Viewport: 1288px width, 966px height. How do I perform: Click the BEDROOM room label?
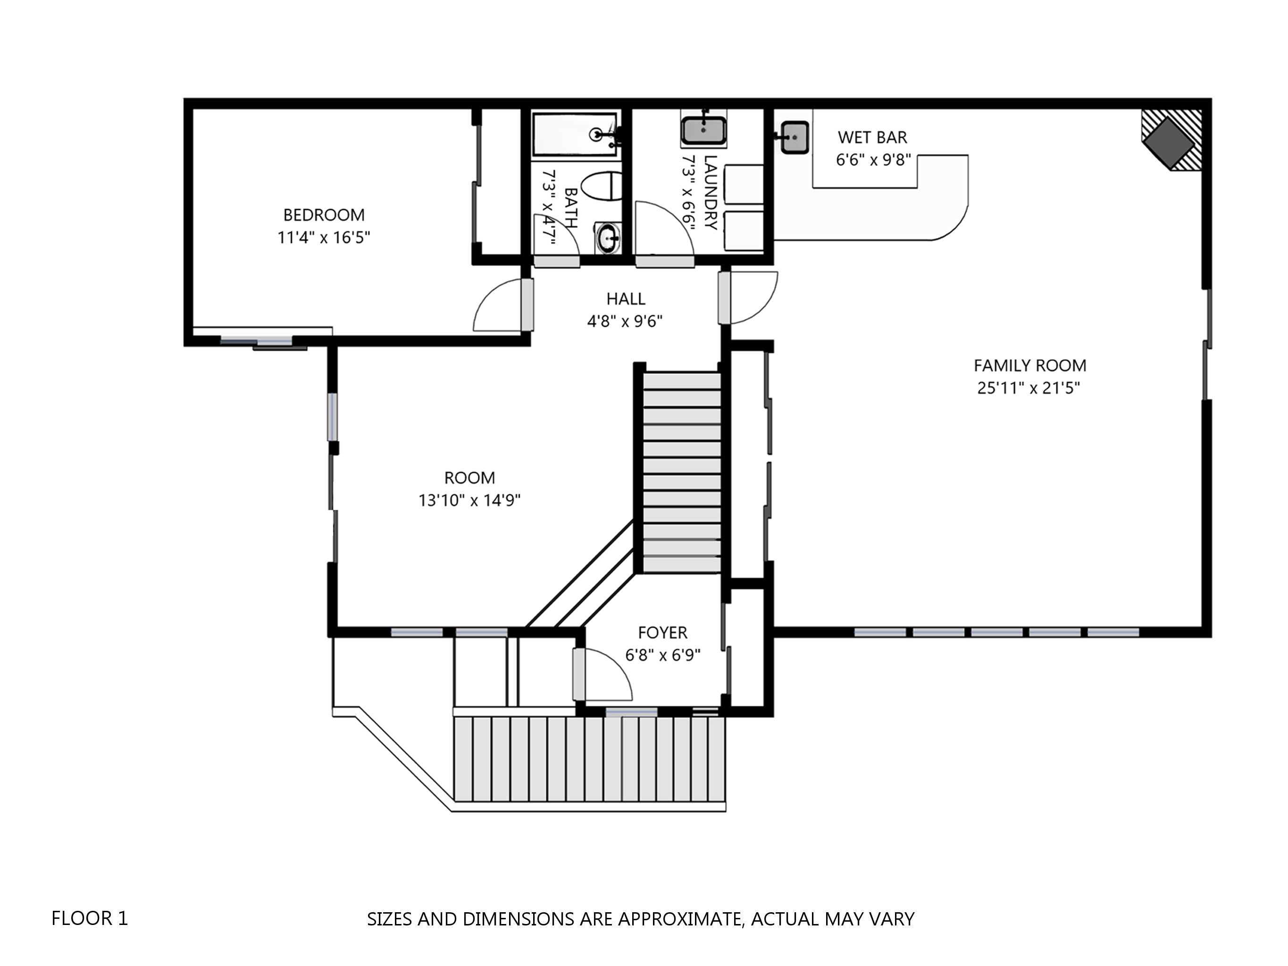pos(324,215)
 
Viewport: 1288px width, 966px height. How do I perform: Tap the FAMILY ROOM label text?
pos(1029,366)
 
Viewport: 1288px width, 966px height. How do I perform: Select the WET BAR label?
pos(872,137)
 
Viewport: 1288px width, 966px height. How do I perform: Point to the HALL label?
pos(626,299)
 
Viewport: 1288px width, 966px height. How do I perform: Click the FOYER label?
pos(662,633)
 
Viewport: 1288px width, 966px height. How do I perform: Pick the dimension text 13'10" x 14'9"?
pos(469,500)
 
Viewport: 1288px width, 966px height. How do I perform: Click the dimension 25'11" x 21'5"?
pos(1029,388)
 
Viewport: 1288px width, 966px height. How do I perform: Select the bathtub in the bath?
pos(575,135)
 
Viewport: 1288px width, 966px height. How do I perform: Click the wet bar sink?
pos(794,137)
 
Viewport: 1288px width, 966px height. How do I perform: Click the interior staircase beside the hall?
pos(681,473)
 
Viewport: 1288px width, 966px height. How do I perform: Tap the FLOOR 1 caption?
pos(90,918)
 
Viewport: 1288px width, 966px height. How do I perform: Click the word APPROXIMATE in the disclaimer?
pos(679,919)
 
